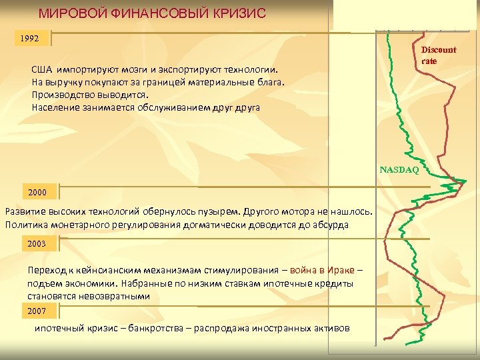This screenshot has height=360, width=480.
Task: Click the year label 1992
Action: pos(29,39)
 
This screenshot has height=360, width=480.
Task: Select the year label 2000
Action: pos(37,193)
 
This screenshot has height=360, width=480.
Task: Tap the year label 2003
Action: pos(37,244)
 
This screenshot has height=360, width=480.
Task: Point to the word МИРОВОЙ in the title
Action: pos(68,13)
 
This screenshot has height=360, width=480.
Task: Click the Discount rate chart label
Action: pos(438,55)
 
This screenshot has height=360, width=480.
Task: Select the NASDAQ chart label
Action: pos(399,170)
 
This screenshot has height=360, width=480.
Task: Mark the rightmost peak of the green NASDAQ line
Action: pos(464,181)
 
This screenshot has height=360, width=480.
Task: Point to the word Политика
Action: pos(26,225)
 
